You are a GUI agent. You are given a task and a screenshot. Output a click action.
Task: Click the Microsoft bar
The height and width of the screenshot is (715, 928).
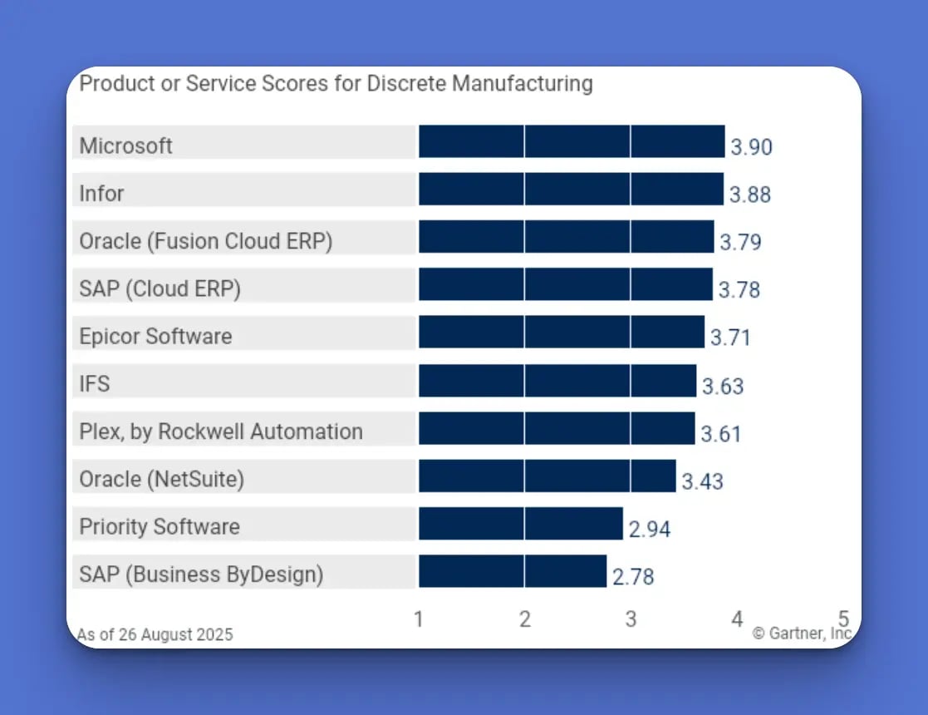[x=572, y=141]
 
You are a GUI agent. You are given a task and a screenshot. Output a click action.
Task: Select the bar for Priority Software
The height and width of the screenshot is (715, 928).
[x=520, y=524]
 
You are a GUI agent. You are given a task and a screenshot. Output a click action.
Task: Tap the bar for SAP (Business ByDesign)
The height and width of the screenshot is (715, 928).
[x=513, y=572]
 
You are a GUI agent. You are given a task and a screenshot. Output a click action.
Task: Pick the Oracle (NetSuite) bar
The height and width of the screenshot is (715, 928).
[x=547, y=476]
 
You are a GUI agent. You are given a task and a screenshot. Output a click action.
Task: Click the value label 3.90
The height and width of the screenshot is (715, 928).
[x=751, y=148]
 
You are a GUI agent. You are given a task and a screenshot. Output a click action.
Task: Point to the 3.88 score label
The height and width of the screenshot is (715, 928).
[x=750, y=195]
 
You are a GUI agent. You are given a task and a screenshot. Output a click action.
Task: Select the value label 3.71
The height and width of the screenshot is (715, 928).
[x=730, y=338]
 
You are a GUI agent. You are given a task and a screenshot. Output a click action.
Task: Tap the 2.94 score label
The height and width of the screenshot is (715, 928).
[x=650, y=530]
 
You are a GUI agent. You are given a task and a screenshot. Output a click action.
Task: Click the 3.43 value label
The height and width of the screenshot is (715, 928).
[x=702, y=481]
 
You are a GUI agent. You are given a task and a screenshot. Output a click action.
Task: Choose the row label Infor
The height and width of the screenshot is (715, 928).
[x=101, y=194]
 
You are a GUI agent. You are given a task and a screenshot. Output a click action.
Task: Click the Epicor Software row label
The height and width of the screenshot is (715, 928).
[x=155, y=337]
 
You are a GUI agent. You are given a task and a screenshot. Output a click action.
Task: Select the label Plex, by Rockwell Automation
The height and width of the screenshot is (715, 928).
[x=221, y=432]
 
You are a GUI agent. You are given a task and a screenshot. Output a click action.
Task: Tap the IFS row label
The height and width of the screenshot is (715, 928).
[x=95, y=384]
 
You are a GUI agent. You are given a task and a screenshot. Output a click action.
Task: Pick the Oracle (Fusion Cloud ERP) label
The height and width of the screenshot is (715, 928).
[x=206, y=241]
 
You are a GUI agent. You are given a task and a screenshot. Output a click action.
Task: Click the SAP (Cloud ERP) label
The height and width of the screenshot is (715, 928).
[x=160, y=288]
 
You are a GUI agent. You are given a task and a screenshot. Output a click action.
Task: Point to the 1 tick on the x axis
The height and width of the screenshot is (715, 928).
[x=419, y=619]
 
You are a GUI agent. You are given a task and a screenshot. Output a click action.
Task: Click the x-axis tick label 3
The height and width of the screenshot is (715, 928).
[x=631, y=619]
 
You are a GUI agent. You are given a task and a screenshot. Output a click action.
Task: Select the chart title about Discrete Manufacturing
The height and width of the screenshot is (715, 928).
[x=336, y=84]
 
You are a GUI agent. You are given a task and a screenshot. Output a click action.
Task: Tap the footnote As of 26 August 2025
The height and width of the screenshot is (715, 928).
[x=155, y=634]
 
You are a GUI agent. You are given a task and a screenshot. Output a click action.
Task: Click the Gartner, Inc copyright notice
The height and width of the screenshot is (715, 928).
[x=802, y=634]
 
